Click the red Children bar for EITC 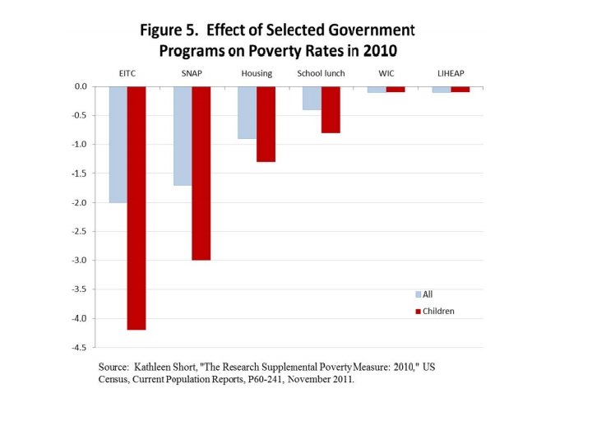pos(136,207)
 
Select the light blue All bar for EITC pos(118,144)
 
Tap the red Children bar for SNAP pos(201,173)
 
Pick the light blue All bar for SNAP pos(182,136)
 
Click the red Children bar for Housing pos(266,123)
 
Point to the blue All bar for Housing pos(247,112)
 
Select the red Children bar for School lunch pos(331,109)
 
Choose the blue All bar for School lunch pos(312,98)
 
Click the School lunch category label pos(321,74)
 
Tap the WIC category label pos(386,74)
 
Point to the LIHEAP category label pos(451,74)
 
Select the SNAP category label pos(192,74)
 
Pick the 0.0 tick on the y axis pos(80,86)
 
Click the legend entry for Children pos(437,312)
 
